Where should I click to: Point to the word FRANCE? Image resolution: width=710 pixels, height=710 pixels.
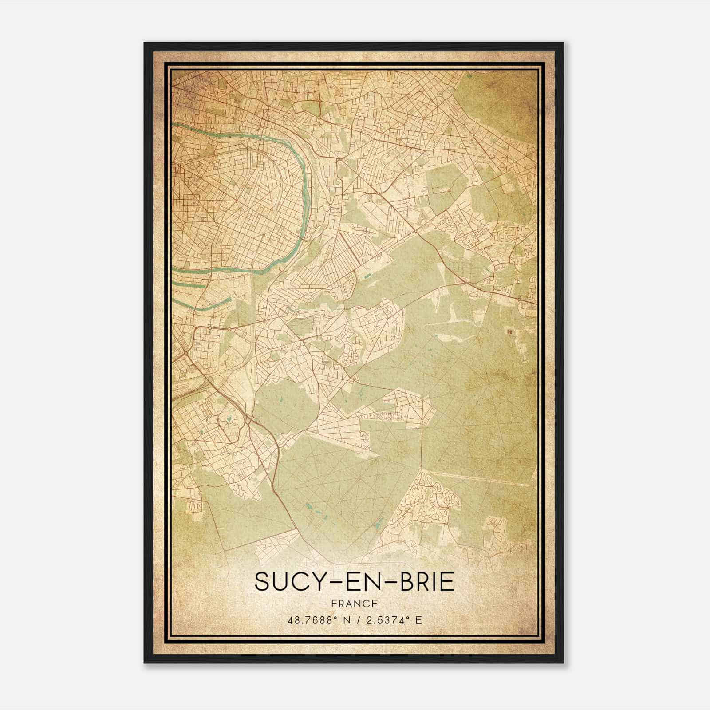point(355,603)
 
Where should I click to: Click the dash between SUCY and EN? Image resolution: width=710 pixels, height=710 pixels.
point(333,582)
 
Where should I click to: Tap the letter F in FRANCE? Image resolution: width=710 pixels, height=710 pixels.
point(334,603)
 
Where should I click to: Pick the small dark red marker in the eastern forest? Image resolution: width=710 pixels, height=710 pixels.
point(509,331)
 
